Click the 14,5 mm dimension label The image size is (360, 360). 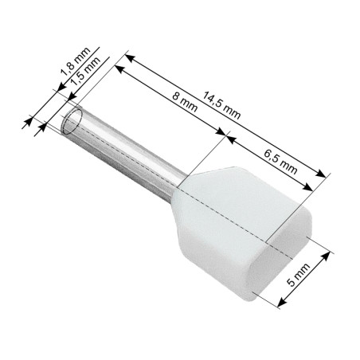coord(221,108)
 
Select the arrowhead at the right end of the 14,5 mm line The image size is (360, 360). coord(324,174)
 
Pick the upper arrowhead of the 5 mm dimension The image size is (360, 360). coord(327,255)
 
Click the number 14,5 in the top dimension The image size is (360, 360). coord(213,103)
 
